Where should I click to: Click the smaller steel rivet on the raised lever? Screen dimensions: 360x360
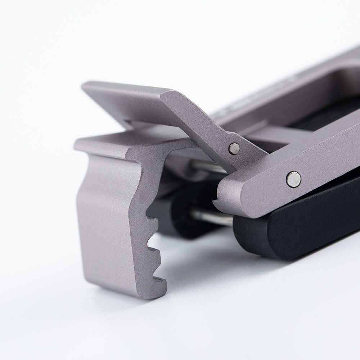(x=234, y=148)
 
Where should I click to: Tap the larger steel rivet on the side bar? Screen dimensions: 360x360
(x=294, y=179)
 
